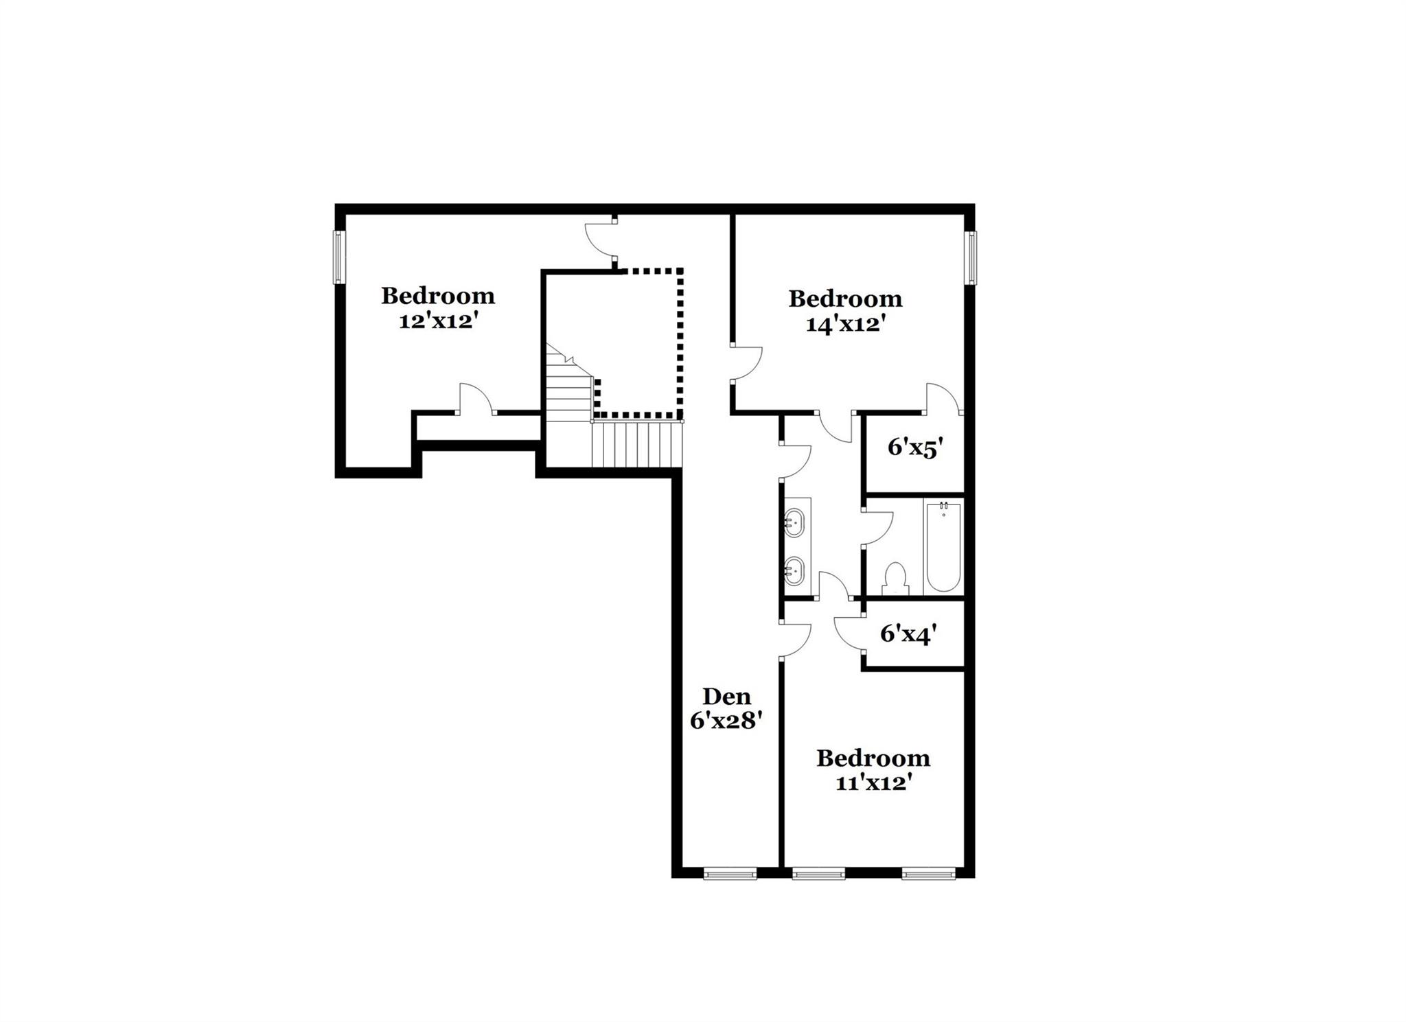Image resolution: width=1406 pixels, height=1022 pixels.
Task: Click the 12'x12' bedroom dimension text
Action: (x=438, y=321)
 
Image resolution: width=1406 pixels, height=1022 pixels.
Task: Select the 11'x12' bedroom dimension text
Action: (x=873, y=783)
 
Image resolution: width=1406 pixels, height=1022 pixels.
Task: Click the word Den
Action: (x=727, y=697)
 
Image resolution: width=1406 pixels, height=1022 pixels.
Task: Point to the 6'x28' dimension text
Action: (x=727, y=721)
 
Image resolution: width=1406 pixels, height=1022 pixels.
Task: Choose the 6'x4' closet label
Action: (x=908, y=634)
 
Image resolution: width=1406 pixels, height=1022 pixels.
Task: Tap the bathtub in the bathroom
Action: (x=943, y=547)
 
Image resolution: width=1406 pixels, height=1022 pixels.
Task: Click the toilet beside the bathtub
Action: (x=895, y=579)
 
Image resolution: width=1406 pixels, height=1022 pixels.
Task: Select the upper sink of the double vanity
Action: (x=795, y=522)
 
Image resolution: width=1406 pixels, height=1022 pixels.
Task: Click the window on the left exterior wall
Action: (x=338, y=257)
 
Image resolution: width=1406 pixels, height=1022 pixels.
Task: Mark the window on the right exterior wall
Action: (x=971, y=258)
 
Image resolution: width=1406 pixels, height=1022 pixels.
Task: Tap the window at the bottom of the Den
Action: (x=730, y=874)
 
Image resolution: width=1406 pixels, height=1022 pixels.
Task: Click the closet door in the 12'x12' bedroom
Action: (x=474, y=398)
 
